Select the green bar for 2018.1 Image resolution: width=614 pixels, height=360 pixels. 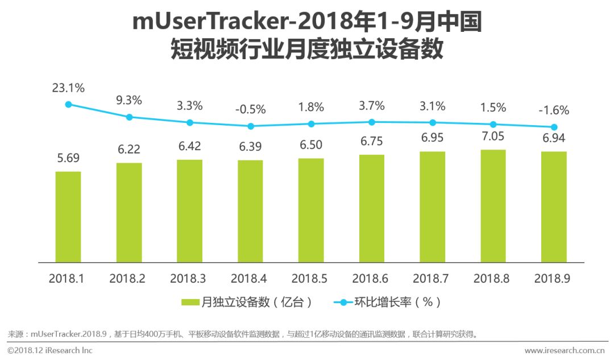(68, 216)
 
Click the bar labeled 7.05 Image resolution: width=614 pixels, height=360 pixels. (493, 205)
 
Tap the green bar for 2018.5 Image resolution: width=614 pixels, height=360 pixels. (311, 210)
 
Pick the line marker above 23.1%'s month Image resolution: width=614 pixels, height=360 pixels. (68, 104)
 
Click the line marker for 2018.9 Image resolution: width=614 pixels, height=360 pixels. (554, 127)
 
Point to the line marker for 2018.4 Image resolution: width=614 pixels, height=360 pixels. (251, 126)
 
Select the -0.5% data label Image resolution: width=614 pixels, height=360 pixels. (250, 108)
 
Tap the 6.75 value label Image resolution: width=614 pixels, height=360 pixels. (372, 142)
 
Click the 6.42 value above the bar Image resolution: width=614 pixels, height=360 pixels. (189, 147)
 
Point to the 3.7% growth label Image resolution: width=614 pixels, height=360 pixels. (372, 105)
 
